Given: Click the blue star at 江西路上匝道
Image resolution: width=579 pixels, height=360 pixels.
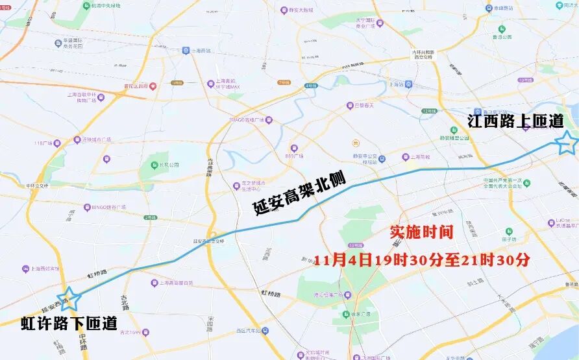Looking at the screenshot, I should (566, 142).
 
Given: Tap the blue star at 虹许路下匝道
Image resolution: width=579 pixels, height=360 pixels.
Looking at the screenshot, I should (68, 298).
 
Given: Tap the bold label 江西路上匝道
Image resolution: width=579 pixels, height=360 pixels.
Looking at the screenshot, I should (515, 120).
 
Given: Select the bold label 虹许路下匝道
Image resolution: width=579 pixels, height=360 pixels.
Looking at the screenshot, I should (69, 322).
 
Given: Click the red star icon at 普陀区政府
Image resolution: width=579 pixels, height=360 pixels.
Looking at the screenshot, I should (153, 86).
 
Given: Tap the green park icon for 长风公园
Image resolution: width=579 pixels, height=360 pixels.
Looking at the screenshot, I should (153, 165).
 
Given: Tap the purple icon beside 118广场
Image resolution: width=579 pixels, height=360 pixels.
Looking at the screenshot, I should (57, 143).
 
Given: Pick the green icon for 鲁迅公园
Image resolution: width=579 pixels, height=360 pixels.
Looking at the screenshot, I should (502, 29).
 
